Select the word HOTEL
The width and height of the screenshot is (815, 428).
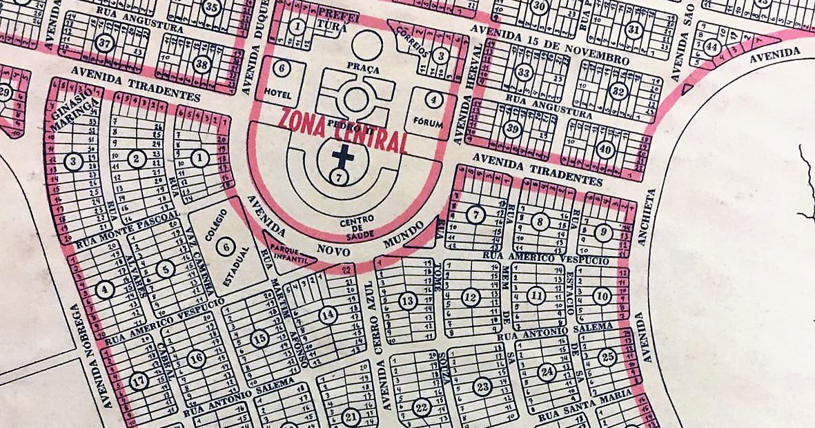280,92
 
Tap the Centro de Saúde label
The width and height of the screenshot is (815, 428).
357,229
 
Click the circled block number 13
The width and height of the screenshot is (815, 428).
408,301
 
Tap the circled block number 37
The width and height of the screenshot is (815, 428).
104,43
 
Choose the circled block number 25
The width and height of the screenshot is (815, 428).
607,357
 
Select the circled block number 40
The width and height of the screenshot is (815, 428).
605,149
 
